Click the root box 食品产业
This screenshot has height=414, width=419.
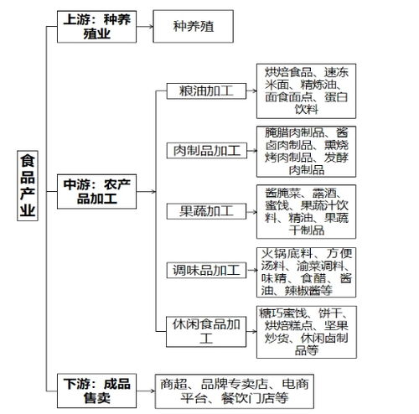[x=28, y=186]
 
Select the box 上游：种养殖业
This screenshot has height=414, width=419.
[x=95, y=26]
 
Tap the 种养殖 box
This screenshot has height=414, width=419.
[x=192, y=26]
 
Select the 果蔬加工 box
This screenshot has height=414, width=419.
[x=200, y=210]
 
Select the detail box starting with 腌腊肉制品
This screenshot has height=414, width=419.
[x=306, y=151]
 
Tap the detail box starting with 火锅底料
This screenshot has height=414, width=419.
[x=306, y=270]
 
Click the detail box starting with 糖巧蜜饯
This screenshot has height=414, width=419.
[x=306, y=329]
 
